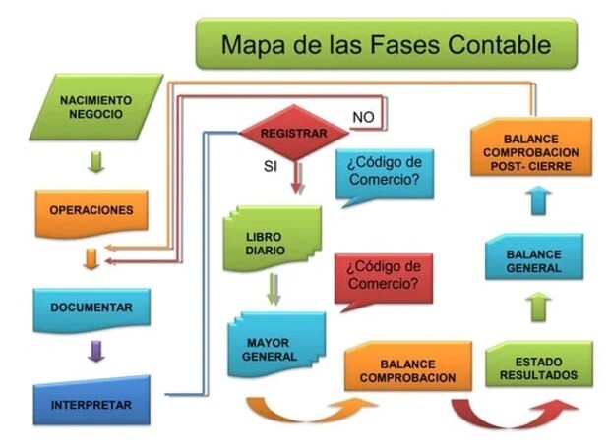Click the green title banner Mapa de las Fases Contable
(387, 44)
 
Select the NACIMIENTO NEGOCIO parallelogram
(96, 107)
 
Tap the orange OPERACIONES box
(91, 213)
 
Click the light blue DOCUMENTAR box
(91, 310)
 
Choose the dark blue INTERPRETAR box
(91, 401)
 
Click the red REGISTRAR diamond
(294, 133)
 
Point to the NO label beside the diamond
(363, 117)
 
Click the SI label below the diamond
(271, 166)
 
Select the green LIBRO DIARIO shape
(273, 239)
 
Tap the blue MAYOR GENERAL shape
(276, 345)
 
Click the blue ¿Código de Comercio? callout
(384, 175)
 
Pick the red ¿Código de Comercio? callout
(384, 280)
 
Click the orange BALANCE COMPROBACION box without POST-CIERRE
(408, 366)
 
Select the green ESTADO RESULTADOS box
(539, 364)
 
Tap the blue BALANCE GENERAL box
(534, 256)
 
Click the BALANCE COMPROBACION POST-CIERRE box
(531, 147)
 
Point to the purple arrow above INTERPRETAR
(96, 351)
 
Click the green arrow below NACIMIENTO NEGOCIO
(96, 162)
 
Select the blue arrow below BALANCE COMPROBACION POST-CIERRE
(539, 200)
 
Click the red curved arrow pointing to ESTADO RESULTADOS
(513, 419)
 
